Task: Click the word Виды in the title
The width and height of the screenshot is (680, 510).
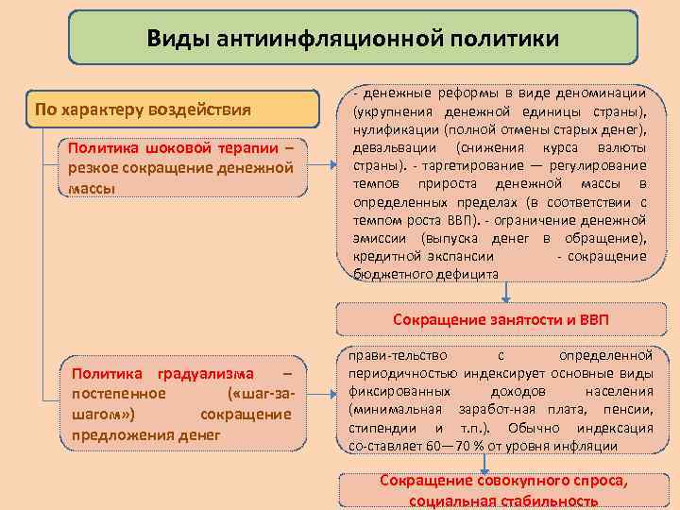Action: [178, 38]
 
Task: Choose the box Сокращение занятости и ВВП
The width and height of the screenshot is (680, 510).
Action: [501, 319]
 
